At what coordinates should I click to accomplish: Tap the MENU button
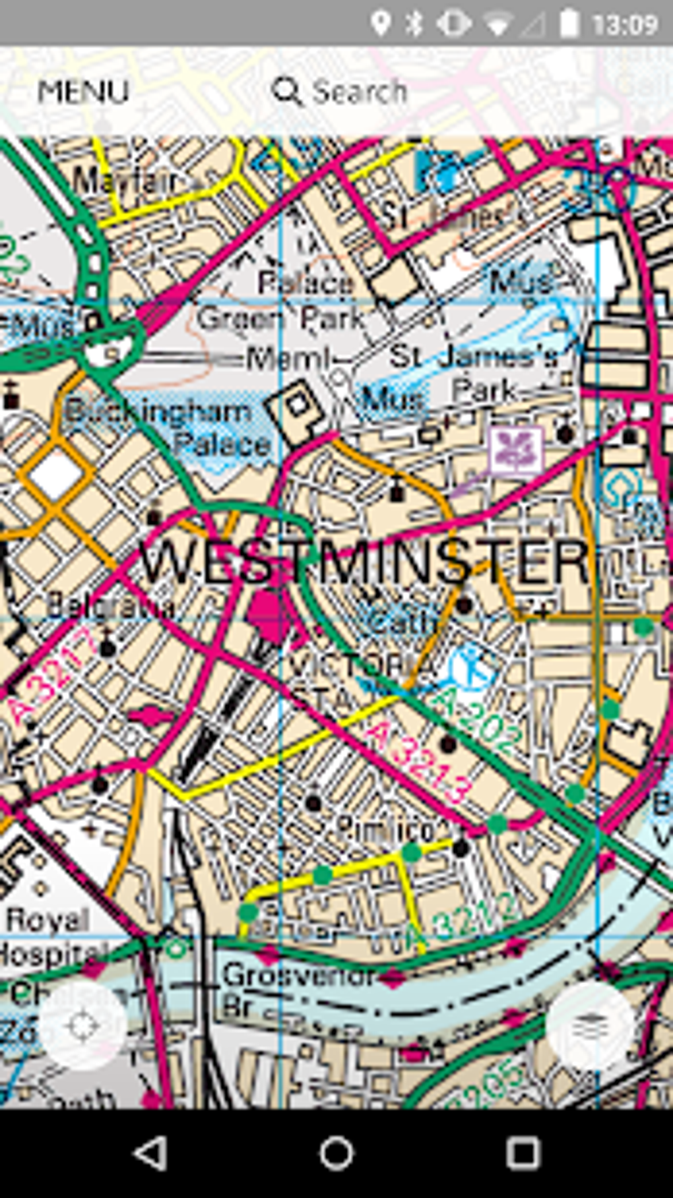(x=83, y=92)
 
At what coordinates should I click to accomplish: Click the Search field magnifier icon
(x=287, y=92)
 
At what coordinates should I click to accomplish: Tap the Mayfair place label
(x=125, y=180)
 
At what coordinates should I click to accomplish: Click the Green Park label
(x=280, y=319)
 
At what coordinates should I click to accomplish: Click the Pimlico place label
(x=385, y=828)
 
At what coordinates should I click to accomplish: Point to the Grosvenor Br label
(x=297, y=986)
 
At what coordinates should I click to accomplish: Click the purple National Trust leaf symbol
(x=516, y=450)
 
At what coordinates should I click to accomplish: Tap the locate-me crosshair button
(x=83, y=1026)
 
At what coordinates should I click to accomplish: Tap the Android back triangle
(x=150, y=1154)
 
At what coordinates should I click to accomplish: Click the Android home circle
(x=336, y=1154)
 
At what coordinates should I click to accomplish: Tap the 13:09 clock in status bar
(x=624, y=25)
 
